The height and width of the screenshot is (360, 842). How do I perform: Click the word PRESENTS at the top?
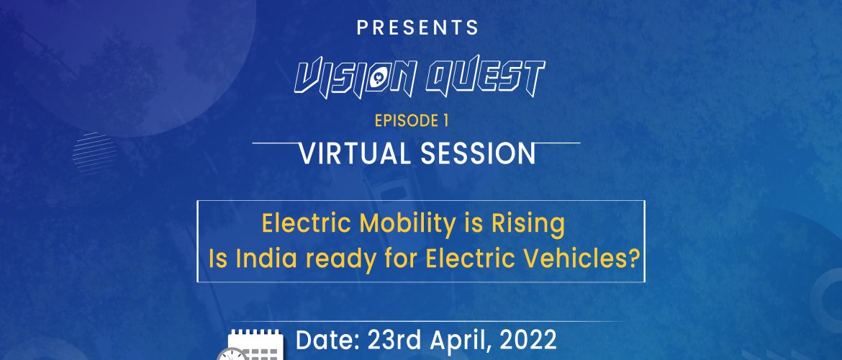coord(418,28)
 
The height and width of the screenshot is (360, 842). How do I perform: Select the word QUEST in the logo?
coord(486,78)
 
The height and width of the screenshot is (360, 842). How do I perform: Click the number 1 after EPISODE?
coord(445,121)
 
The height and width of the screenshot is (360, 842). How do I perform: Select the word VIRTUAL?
coord(356,153)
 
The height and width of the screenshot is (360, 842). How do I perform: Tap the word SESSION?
coord(479,153)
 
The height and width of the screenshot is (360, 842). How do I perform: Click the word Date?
coord(327,340)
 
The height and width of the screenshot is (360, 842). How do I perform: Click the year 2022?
coord(528,340)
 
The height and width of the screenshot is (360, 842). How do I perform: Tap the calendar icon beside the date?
coord(253,346)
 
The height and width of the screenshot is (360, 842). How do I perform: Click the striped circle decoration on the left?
coord(95,153)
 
